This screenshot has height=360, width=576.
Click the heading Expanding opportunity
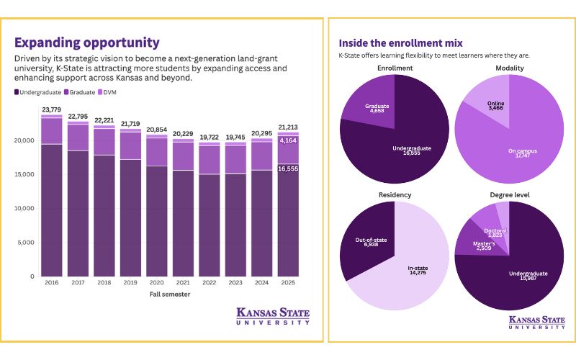point(87,42)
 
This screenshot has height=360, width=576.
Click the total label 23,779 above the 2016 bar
point(51,110)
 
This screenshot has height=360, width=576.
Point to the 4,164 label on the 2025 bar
point(288,140)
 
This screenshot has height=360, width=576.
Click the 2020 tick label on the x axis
point(156,284)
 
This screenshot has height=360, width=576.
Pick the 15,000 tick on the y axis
point(24,174)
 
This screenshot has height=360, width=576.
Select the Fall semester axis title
point(170,294)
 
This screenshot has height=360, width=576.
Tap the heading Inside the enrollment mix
point(400,43)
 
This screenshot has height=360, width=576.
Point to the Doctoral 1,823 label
point(495,233)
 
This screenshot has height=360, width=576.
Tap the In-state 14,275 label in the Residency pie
point(418,270)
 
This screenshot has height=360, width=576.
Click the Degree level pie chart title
point(510,195)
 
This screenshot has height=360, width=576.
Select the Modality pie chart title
point(510,68)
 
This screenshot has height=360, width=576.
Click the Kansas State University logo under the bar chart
point(274,317)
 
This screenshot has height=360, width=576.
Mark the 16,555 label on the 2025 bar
point(288,168)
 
